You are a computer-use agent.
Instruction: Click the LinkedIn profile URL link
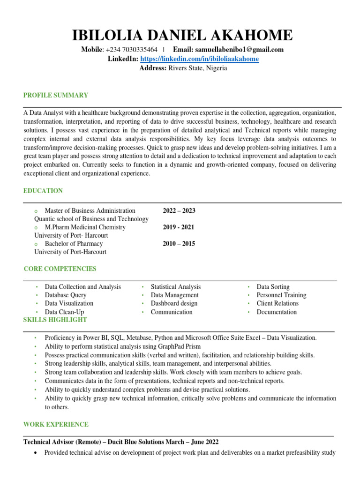(200, 59)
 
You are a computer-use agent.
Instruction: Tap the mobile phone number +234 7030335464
(132, 50)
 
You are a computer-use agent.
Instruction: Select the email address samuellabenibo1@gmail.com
(240, 50)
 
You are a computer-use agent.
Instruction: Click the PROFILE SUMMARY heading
(56, 95)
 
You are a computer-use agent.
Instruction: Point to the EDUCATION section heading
(43, 191)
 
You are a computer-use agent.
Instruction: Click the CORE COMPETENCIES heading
(60, 269)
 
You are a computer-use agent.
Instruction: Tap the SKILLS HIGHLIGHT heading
(55, 320)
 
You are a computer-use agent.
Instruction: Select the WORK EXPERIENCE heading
(56, 425)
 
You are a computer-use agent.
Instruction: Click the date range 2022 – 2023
(179, 210)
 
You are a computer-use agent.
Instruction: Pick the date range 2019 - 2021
(179, 227)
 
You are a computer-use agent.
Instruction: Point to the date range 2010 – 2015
(179, 244)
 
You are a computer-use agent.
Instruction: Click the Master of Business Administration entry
(90, 210)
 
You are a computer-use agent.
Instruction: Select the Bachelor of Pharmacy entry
(74, 244)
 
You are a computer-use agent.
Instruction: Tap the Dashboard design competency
(174, 303)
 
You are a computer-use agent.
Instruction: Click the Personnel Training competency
(281, 295)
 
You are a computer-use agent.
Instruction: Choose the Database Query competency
(66, 295)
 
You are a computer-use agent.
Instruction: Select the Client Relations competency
(277, 303)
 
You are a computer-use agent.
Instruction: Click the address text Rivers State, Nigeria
(198, 68)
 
